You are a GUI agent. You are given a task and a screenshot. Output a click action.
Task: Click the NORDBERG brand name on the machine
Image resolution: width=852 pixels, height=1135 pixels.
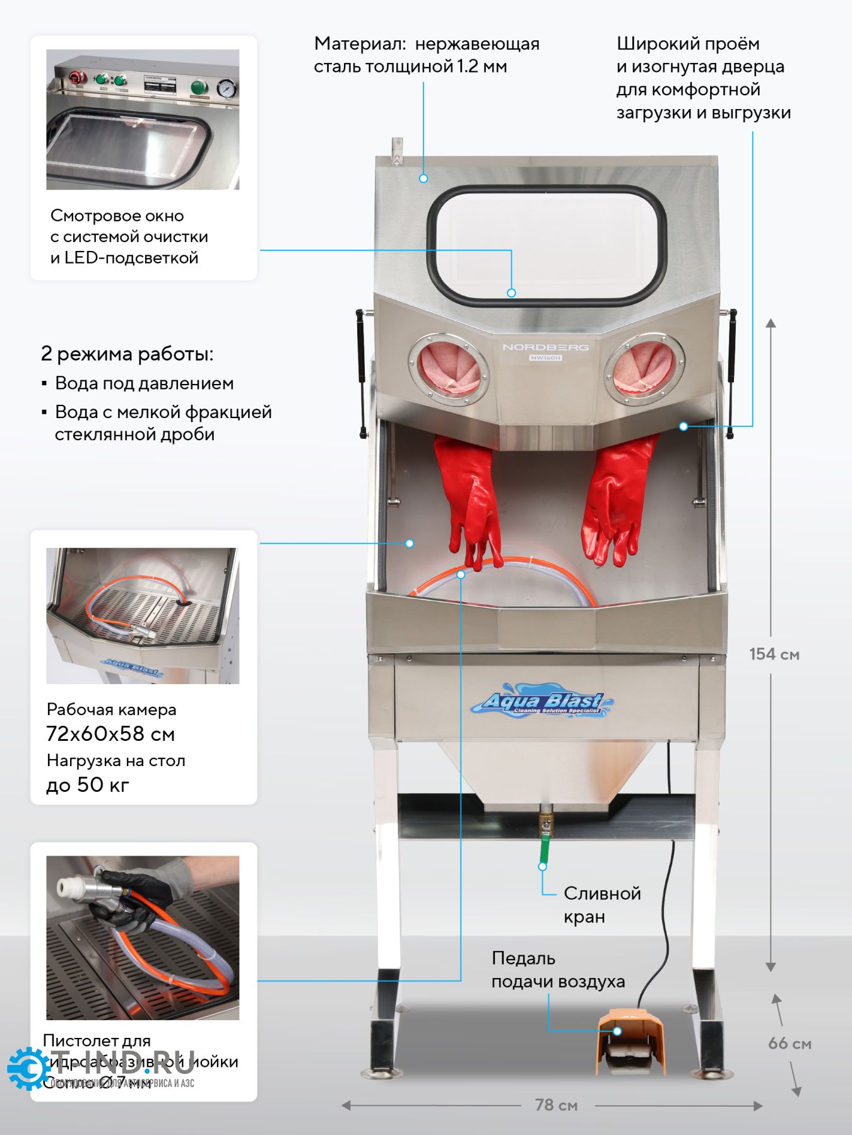[545, 347]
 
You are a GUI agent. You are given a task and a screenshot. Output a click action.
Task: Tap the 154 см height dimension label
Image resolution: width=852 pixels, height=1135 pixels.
[774, 654]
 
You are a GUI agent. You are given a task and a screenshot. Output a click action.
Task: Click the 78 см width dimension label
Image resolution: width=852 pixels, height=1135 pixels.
[556, 1105]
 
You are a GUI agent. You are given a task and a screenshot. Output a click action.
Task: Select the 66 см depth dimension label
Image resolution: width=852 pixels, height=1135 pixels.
[789, 1044]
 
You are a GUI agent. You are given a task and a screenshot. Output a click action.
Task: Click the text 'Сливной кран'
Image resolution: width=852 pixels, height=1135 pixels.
[601, 904]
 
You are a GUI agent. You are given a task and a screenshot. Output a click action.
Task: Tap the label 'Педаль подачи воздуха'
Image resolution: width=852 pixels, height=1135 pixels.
[558, 970]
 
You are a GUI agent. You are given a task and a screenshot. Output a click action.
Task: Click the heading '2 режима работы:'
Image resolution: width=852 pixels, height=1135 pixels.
[127, 354]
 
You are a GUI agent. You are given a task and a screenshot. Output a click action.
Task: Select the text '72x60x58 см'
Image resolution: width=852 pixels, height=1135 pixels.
[110, 734]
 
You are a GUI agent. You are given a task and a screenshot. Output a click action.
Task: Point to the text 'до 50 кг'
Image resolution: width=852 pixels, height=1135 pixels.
[88, 784]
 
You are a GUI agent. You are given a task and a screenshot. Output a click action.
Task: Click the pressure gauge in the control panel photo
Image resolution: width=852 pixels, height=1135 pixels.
[225, 89]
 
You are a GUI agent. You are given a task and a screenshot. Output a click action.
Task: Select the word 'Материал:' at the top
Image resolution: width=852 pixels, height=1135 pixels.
[359, 44]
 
